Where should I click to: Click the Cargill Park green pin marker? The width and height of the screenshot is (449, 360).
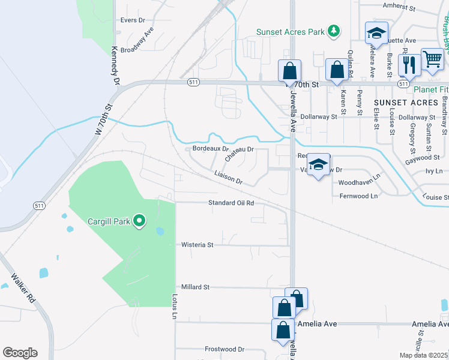pyautogui.click(x=139, y=221)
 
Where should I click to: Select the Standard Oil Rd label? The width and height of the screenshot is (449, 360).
pyautogui.click(x=231, y=203)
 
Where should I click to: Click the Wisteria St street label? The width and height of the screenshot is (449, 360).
pyautogui.click(x=197, y=245)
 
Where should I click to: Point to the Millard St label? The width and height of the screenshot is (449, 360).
pyautogui.click(x=195, y=287)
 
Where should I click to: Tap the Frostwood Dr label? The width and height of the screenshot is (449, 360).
pyautogui.click(x=224, y=349)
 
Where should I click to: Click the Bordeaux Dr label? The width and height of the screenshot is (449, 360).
pyautogui.click(x=211, y=148)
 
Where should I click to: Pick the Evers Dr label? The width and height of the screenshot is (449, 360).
pyautogui.click(x=133, y=20)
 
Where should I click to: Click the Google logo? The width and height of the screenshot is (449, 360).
pyautogui.click(x=20, y=353)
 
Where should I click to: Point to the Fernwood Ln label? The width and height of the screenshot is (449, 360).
pyautogui.click(x=358, y=196)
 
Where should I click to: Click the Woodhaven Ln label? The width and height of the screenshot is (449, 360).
pyautogui.click(x=360, y=182)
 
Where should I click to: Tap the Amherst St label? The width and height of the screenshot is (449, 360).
pyautogui.click(x=399, y=8)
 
